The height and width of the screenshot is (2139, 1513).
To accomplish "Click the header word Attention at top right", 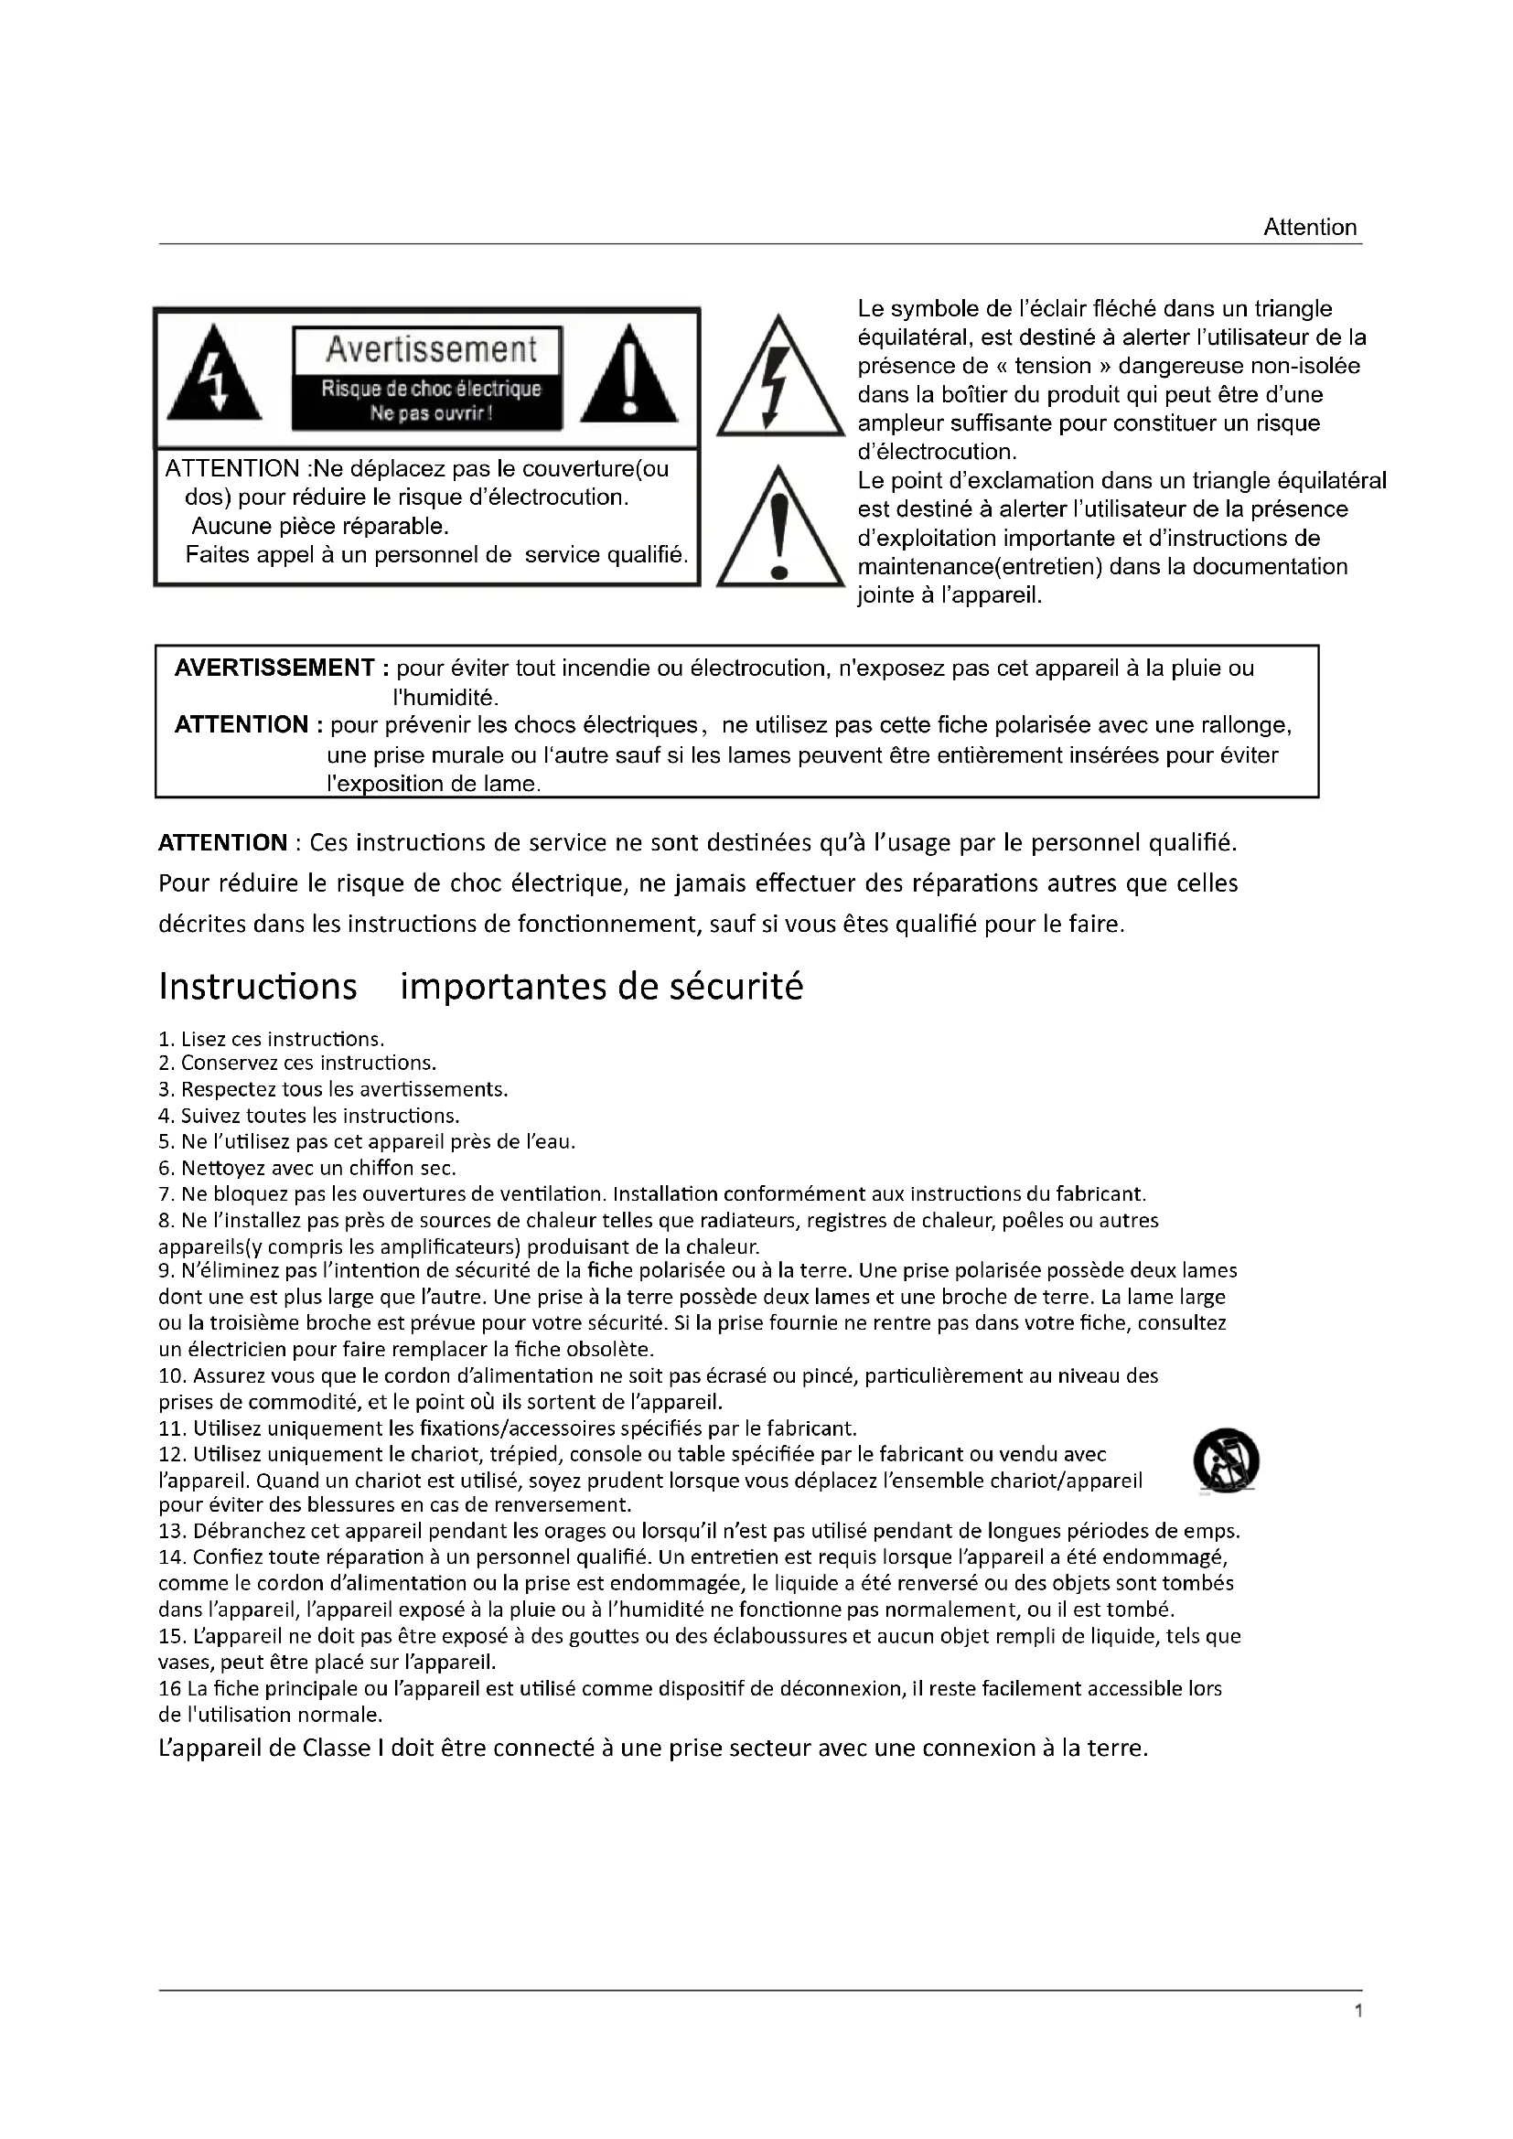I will [x=1309, y=228].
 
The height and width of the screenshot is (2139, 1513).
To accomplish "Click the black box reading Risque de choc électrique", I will [x=431, y=401].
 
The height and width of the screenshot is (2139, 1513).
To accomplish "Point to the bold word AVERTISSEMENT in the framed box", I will [x=274, y=668].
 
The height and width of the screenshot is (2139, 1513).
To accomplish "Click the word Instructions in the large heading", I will [x=258, y=987].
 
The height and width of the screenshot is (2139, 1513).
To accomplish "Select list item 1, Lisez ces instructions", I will [x=272, y=1039].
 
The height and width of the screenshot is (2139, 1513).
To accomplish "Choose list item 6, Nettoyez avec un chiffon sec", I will [x=307, y=1167].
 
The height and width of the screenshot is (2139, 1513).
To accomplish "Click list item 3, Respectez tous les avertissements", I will [x=334, y=1089].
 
